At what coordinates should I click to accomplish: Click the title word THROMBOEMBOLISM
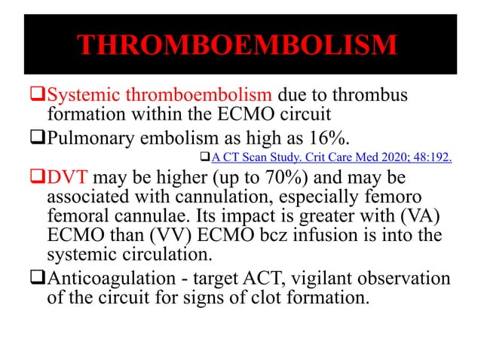(x=240, y=45)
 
